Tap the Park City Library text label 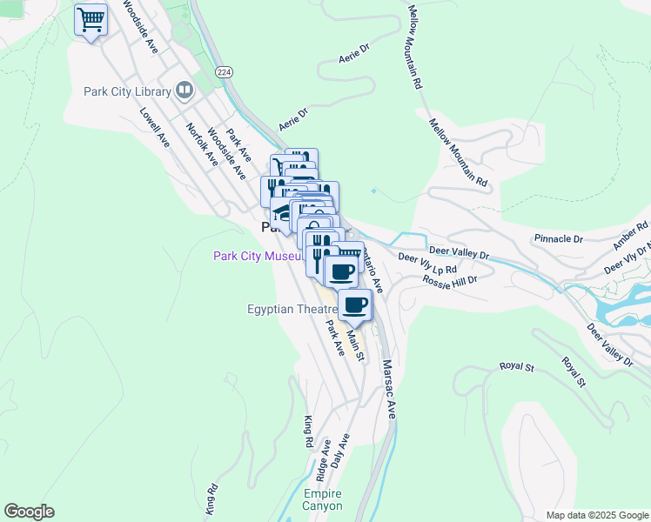pos(127,90)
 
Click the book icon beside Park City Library pos(184,90)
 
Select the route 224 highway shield pos(225,71)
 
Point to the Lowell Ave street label pos(154,127)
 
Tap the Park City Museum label pos(258,256)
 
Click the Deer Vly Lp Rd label pos(427,264)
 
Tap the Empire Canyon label pos(323,499)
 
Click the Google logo pos(29,512)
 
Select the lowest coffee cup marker pos(354,305)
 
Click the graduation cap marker pos(282,212)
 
